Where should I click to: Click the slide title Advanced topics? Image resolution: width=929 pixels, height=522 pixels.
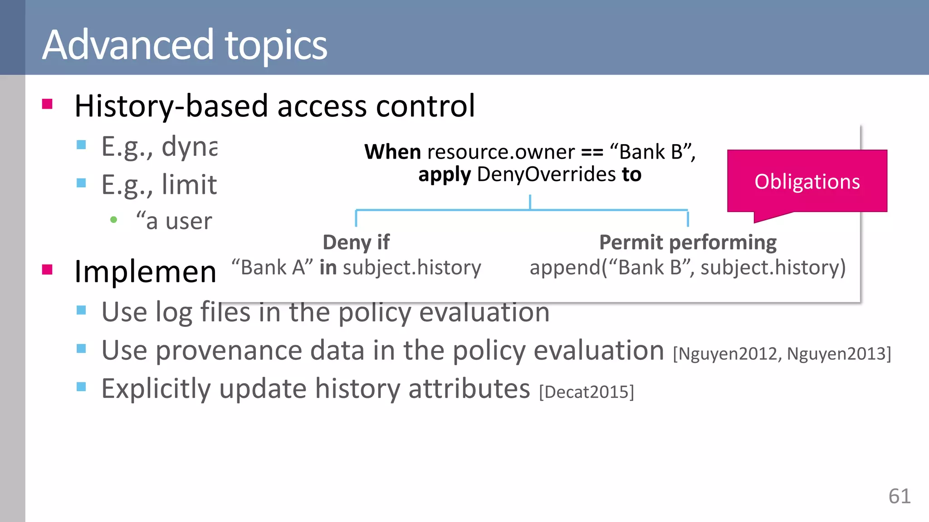click(x=185, y=45)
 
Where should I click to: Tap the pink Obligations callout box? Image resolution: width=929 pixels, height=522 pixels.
click(x=807, y=181)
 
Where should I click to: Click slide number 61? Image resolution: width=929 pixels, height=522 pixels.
click(x=899, y=496)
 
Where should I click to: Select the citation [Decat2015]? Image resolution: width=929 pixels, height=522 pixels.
click(x=587, y=392)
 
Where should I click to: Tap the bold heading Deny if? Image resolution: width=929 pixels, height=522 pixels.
click(x=356, y=242)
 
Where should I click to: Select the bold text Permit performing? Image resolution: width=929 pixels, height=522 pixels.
click(x=688, y=242)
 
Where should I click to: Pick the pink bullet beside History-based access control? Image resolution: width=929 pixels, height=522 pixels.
click(x=48, y=104)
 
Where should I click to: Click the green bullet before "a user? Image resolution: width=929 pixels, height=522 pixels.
click(x=114, y=220)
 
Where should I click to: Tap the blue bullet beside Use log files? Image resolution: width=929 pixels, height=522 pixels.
click(x=82, y=310)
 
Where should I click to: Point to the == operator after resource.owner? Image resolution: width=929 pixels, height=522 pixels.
click(x=592, y=152)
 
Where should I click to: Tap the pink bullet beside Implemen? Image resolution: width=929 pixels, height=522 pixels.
click(x=48, y=270)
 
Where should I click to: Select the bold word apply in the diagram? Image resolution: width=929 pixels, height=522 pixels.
click(x=445, y=174)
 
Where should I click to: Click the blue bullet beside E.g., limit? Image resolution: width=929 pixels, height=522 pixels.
click(x=82, y=183)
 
